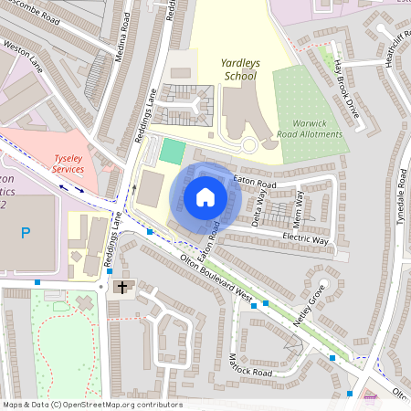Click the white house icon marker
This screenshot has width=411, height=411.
coord(205,197)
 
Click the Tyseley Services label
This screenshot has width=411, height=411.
coord(69,163)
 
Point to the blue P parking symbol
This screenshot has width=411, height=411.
coord(26,234)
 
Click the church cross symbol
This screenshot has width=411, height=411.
coord(121,288)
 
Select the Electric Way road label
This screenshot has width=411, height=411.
coord(306,239)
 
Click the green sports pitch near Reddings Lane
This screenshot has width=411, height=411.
coord(172,150)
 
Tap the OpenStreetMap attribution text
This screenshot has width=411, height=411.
coord(91,405)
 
